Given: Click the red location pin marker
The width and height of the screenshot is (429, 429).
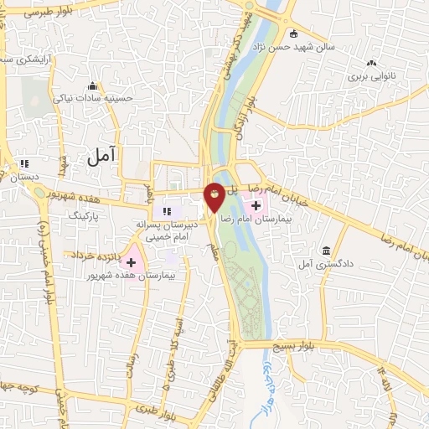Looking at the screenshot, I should click(x=214, y=196).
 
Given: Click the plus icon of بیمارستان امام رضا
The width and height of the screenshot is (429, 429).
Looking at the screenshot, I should click(x=256, y=205).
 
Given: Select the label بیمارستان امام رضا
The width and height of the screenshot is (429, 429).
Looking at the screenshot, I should click(x=252, y=218).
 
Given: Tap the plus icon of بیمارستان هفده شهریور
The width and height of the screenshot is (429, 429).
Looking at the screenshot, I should click(x=131, y=262).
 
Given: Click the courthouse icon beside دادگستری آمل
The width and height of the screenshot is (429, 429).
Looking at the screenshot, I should click(x=326, y=251).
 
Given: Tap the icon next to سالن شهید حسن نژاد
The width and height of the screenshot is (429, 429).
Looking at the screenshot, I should click(x=294, y=34).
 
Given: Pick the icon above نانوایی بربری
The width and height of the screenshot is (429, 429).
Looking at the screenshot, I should click(x=371, y=63).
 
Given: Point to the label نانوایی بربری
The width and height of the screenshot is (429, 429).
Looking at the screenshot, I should click(x=370, y=76).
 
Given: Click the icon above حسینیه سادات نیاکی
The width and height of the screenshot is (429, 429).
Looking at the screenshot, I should click(x=93, y=85).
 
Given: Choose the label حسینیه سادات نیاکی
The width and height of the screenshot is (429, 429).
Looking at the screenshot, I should click(x=94, y=98).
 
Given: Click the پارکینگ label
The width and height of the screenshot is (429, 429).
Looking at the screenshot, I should click(x=82, y=215).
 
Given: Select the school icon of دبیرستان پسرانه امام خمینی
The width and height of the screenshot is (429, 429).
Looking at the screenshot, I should click(x=166, y=210).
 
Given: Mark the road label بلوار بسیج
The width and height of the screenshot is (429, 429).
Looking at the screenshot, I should click(x=295, y=345).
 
